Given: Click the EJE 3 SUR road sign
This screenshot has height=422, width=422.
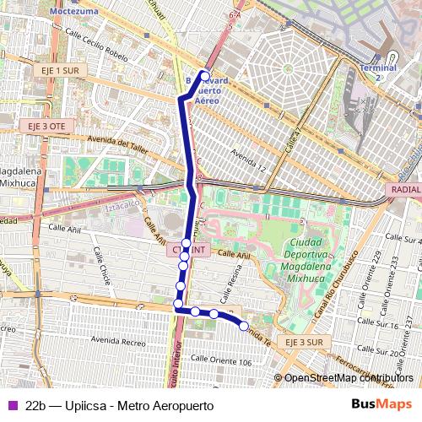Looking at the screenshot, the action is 303,342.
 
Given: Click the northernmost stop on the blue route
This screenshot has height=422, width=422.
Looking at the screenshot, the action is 204,76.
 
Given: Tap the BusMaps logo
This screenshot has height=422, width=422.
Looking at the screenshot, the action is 381,404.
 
